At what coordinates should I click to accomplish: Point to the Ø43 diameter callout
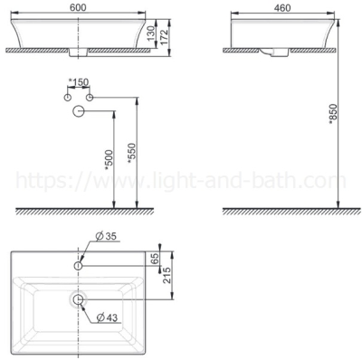click(x=108, y=317)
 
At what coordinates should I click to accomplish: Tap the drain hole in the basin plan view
click(x=78, y=298)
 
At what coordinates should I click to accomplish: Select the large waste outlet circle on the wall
click(x=79, y=111)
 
